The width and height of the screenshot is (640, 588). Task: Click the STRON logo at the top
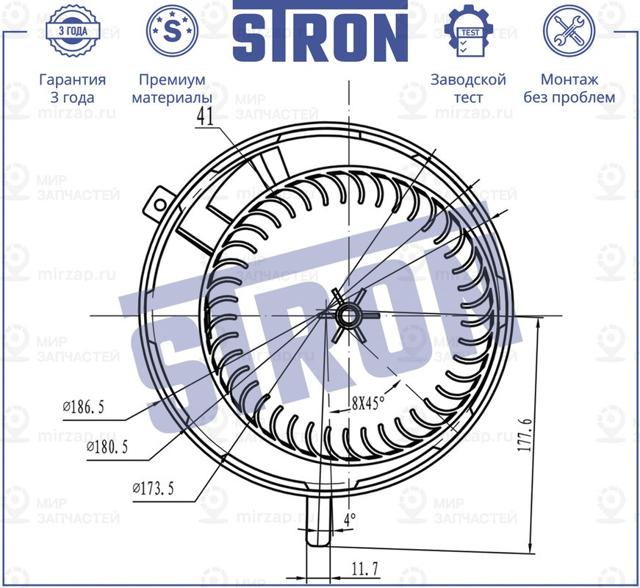pyautogui.click(x=320, y=32)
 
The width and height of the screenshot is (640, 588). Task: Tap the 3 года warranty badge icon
pyautogui.click(x=72, y=31)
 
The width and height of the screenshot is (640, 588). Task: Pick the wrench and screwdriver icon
pyautogui.click(x=568, y=31)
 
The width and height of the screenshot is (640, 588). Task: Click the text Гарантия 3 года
pyautogui.click(x=72, y=88)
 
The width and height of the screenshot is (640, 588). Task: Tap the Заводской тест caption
pyautogui.click(x=468, y=88)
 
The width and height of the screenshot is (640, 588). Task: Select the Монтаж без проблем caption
pyautogui.click(x=569, y=88)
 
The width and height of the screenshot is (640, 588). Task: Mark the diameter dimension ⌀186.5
pyautogui.click(x=84, y=406)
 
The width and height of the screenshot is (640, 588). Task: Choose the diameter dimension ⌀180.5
pyautogui.click(x=112, y=447)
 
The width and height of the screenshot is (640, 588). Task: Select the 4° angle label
pyautogui.click(x=349, y=519)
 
